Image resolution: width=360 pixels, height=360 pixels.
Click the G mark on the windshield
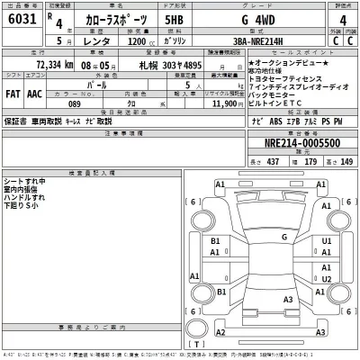[x=284, y=236]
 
